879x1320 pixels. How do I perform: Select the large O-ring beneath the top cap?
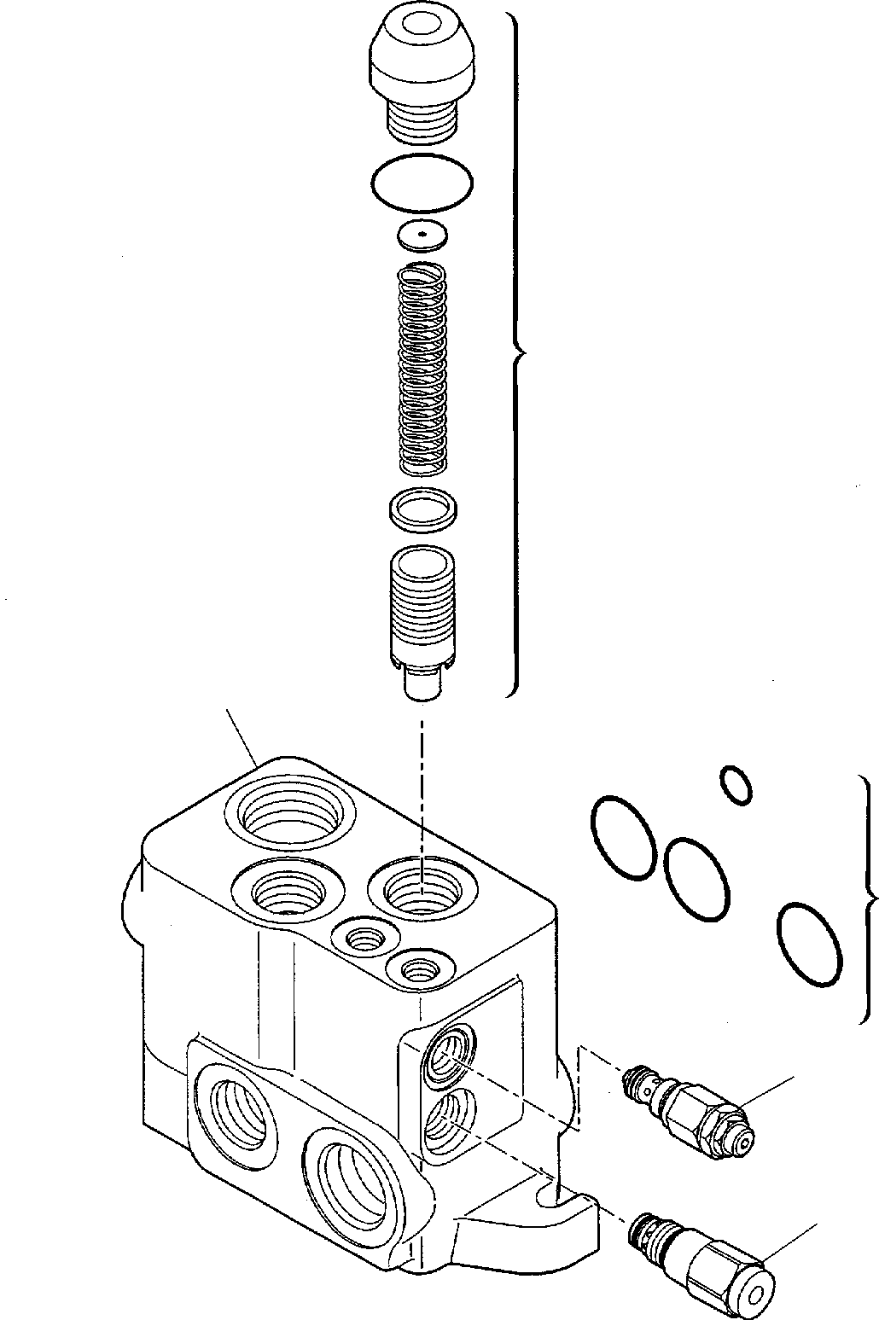422,181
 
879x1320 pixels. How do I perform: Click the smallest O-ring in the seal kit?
736,785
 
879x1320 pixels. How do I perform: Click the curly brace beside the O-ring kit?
869,898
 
